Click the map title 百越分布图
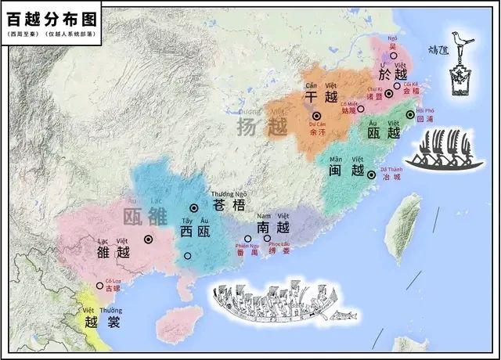[51, 18]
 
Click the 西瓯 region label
[196, 232]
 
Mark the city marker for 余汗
[317, 115]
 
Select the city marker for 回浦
[410, 114]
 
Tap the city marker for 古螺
[99, 286]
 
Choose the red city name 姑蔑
[349, 111]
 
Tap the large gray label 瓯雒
[146, 215]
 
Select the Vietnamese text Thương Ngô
[228, 194]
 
